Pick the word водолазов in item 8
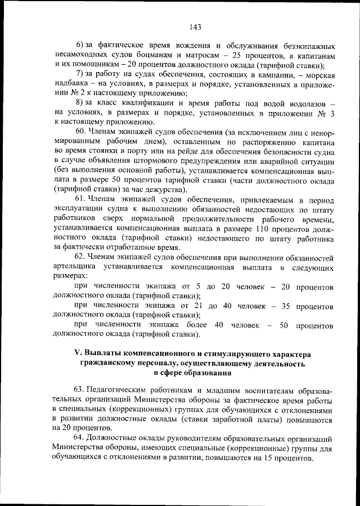(x=305, y=105)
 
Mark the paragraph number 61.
(x=80, y=199)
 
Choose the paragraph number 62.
(x=81, y=257)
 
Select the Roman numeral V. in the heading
(x=79, y=353)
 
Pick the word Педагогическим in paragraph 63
(x=119, y=391)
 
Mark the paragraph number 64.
(x=81, y=438)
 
